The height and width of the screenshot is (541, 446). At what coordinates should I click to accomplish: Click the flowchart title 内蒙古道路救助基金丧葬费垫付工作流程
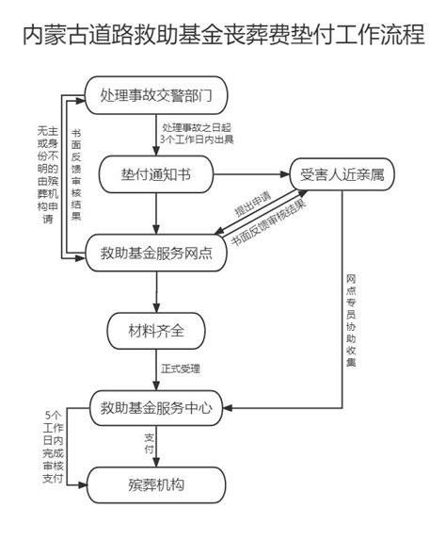pyautogui.click(x=224, y=35)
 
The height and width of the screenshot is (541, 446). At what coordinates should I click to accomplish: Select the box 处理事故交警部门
pyautogui.click(x=156, y=95)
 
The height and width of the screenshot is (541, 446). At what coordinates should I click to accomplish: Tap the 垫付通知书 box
pyautogui.click(x=156, y=174)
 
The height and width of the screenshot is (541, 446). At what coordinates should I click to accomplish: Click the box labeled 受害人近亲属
pyautogui.click(x=342, y=174)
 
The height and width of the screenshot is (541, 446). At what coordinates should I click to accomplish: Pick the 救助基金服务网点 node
pyautogui.click(x=156, y=253)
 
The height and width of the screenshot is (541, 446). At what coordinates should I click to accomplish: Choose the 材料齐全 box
pyautogui.click(x=156, y=331)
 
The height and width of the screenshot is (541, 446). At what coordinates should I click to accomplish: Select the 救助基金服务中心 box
pyautogui.click(x=156, y=408)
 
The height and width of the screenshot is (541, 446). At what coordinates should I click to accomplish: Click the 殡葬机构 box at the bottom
pyautogui.click(x=156, y=485)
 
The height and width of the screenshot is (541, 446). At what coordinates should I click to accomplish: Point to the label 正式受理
pyautogui.click(x=181, y=369)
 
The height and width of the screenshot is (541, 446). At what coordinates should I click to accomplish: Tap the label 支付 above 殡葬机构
pyautogui.click(x=149, y=444)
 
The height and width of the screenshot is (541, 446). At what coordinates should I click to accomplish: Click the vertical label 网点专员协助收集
pyautogui.click(x=351, y=320)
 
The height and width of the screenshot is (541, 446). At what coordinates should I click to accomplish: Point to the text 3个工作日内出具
pyautogui.click(x=197, y=139)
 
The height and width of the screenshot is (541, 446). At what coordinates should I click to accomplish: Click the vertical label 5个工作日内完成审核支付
pyautogui.click(x=53, y=447)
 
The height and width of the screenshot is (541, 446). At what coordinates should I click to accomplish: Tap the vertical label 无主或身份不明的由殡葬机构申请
pyautogui.click(x=48, y=174)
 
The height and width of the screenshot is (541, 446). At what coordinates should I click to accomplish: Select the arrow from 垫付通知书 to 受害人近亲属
pyautogui.click(x=252, y=174)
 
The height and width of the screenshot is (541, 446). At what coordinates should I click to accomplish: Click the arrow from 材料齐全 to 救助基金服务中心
pyautogui.click(x=156, y=369)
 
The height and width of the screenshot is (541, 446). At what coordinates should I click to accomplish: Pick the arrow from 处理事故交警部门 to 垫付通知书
pyautogui.click(x=156, y=135)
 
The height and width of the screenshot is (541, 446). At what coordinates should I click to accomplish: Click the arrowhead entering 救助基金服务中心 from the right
pyautogui.click(x=228, y=408)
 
